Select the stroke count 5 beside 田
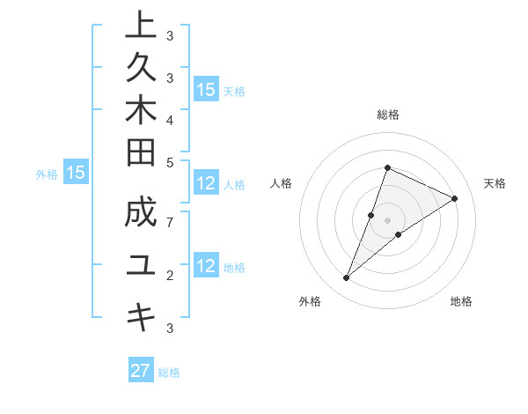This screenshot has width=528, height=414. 169,162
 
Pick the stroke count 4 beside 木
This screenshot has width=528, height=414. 169,119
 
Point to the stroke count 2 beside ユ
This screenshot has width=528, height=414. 169,276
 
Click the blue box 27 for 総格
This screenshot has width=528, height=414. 141,371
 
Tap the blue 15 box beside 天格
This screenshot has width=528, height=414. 206,90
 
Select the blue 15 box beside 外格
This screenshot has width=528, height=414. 75,174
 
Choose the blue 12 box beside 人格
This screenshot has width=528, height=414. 206,184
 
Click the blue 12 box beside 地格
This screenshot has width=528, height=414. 206,267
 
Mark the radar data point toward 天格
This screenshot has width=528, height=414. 455,198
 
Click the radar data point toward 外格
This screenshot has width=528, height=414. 347,278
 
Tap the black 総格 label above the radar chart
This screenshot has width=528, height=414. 387,115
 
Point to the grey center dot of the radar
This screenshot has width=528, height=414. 387,220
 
